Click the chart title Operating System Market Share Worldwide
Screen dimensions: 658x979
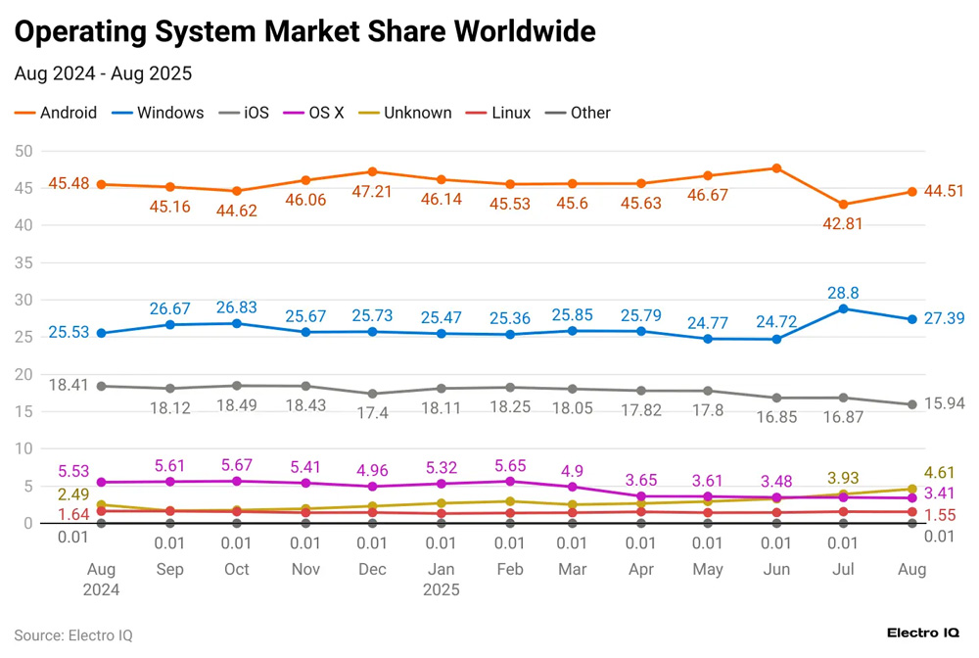click(304, 31)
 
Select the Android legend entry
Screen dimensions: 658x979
click(56, 113)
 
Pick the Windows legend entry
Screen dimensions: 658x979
click(159, 113)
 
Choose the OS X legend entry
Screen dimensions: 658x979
click(314, 113)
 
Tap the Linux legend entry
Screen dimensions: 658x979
click(499, 113)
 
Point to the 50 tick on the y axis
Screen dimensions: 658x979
click(23, 151)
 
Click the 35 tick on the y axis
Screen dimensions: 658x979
click(23, 262)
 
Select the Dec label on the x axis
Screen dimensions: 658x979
click(372, 569)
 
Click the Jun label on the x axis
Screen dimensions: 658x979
click(776, 569)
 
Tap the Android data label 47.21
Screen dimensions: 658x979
click(372, 191)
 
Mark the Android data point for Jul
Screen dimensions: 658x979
click(843, 205)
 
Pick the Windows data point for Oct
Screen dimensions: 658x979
click(236, 323)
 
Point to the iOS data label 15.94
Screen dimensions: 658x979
click(942, 403)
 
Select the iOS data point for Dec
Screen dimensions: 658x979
click(372, 394)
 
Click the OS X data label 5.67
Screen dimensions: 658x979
click(236, 464)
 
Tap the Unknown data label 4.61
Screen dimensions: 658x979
click(942, 474)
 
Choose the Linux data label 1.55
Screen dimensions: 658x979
click(942, 515)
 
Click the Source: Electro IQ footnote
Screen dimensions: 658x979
click(73, 634)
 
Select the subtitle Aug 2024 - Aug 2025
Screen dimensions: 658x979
click(103, 73)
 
